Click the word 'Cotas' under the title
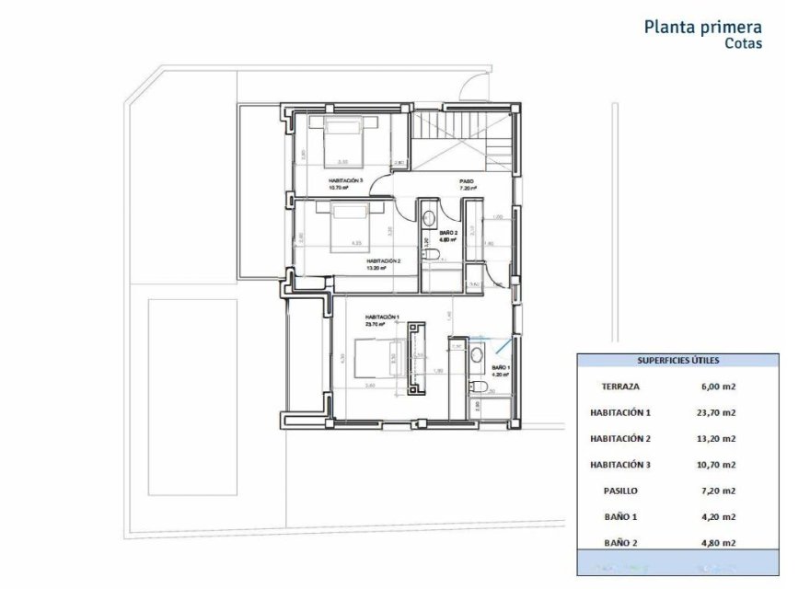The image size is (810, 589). (743, 43)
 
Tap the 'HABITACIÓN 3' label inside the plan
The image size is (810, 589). (345, 180)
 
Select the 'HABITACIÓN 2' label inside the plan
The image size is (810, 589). (383, 261)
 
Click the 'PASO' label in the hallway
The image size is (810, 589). (467, 181)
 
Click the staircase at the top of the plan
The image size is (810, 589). (460, 138)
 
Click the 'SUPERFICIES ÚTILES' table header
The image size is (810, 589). (678, 361)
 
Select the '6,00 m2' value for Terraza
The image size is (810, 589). (721, 387)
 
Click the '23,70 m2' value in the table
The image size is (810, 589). (721, 413)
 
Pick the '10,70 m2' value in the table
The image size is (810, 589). (721, 466)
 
